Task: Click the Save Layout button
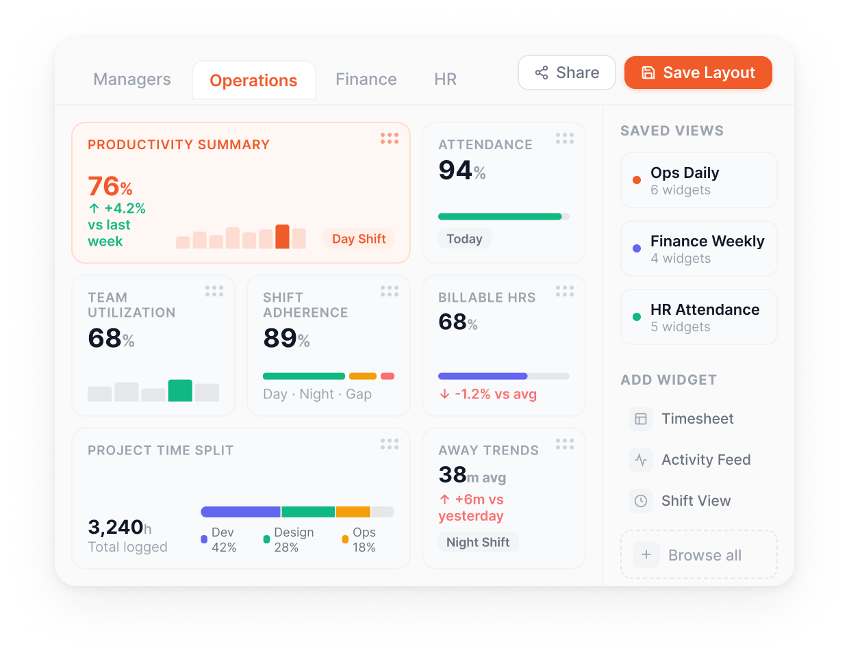[x=698, y=73]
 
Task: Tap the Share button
[x=566, y=73]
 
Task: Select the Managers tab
[x=132, y=79]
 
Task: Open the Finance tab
[x=366, y=79]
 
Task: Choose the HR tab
[x=446, y=79]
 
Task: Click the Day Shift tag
[x=359, y=239]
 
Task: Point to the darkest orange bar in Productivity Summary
[x=282, y=237]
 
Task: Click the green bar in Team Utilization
[x=180, y=390]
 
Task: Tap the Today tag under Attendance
[x=464, y=239]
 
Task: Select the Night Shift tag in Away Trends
[x=478, y=542]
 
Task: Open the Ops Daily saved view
[x=698, y=180]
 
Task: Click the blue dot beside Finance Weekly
[x=637, y=248]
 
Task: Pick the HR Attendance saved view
[x=698, y=317]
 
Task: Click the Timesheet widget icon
[x=641, y=419]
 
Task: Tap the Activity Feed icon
[x=641, y=460]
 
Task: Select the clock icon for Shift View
[x=641, y=501]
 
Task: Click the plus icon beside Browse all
[x=646, y=555]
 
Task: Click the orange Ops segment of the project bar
[x=353, y=512]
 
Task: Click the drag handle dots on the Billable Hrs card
[x=565, y=292]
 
